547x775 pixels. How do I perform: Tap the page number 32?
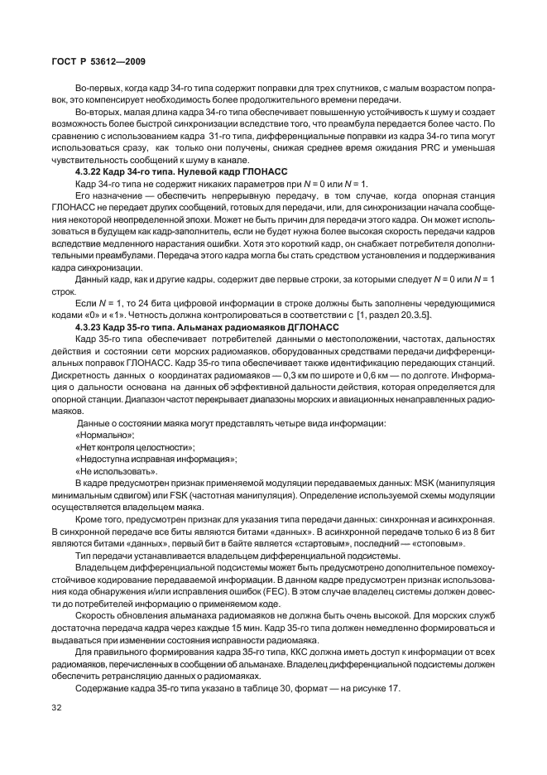point(57,707)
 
